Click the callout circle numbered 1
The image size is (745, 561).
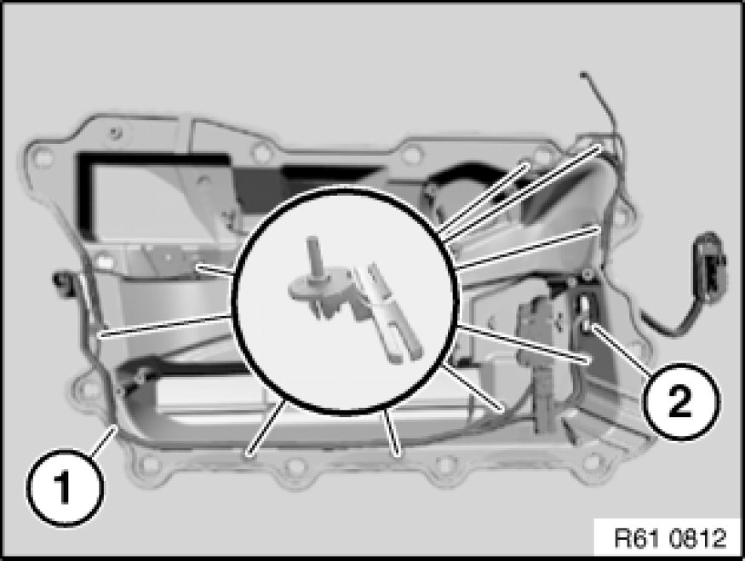tap(65, 488)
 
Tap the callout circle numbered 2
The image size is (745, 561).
tap(680, 400)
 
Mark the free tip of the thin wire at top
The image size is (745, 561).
tap(583, 74)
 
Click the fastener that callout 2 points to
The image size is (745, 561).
tap(587, 324)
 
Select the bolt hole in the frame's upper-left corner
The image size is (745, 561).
tap(42, 157)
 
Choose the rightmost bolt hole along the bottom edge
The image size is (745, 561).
tap(593, 461)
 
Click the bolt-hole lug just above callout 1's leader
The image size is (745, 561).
tap(85, 391)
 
